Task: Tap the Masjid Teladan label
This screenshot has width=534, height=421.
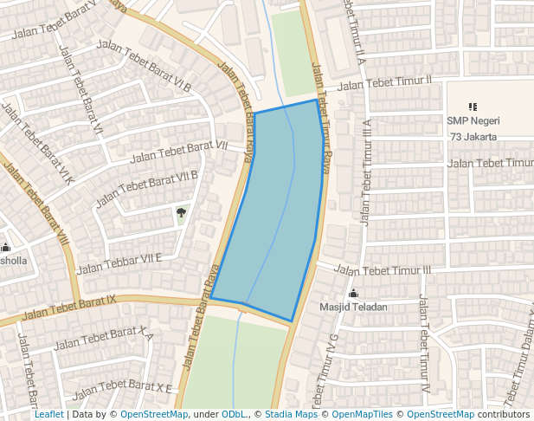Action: pos(353,307)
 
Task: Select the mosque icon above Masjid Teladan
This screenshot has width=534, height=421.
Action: pos(353,294)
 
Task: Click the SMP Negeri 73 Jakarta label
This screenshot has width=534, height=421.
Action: pos(473,128)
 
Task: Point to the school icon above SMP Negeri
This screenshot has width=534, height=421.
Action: pos(473,107)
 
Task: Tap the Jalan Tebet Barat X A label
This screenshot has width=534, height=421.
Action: pos(104,340)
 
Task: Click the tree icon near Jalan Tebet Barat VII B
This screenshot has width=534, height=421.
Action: pos(182,211)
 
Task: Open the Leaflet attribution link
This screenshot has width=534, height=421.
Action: pos(48,415)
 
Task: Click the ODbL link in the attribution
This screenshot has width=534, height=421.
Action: pos(234,415)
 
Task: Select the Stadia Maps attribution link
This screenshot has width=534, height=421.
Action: pos(291,415)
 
